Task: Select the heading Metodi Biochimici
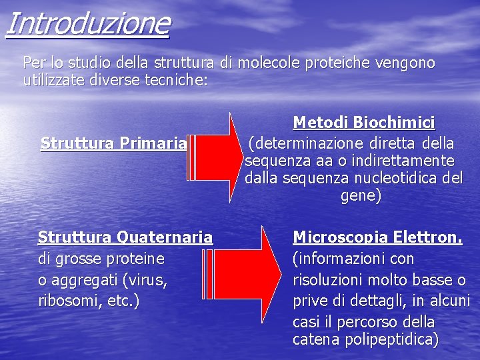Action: [364, 123]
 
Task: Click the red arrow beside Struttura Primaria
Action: [211, 157]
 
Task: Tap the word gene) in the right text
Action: [361, 196]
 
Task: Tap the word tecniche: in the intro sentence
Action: [175, 81]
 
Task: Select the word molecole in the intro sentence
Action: [269, 63]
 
